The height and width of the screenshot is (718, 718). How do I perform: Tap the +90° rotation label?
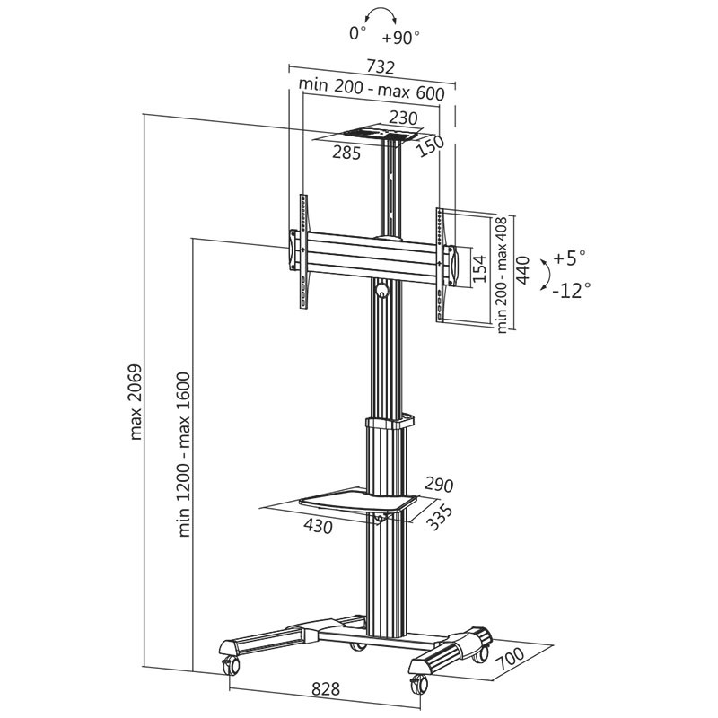(400, 38)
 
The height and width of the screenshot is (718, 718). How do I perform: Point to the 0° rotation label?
(358, 33)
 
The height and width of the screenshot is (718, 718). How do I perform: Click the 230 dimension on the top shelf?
(404, 118)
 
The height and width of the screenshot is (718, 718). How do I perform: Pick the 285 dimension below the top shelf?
(346, 153)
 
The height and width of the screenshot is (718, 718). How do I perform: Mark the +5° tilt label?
(569, 258)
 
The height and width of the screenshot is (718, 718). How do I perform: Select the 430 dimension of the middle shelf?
(318, 526)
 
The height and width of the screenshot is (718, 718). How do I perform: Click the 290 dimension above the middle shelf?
(438, 486)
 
